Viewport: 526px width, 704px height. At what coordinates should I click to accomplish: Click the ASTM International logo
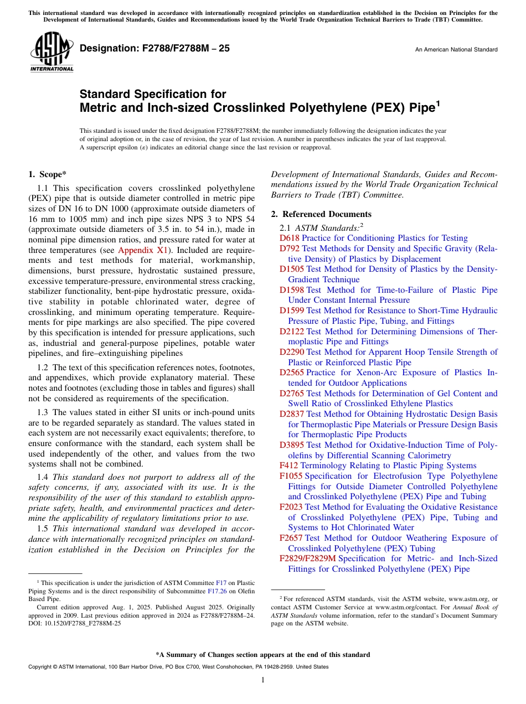coord(51,52)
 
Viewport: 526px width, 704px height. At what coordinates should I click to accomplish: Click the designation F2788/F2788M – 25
coord(154,49)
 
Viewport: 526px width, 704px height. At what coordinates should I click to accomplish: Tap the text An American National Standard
coord(456,50)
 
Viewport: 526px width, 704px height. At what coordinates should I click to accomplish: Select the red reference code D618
coord(289,238)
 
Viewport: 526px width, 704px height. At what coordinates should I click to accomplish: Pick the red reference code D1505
coord(291,269)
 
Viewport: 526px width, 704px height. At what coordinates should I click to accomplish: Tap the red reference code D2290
coord(291,352)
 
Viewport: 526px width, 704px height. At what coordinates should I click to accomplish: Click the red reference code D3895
coord(291,445)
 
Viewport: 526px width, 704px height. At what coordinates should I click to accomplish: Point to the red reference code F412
coord(288,465)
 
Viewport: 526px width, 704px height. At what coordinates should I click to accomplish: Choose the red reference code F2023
coord(291,507)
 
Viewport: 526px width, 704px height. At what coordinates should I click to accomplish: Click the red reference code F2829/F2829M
coord(307,558)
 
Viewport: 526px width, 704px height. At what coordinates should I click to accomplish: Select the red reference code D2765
coord(291,394)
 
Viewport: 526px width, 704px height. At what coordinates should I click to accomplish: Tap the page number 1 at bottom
coord(263,680)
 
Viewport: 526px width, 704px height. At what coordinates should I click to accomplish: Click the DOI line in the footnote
coord(75,623)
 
